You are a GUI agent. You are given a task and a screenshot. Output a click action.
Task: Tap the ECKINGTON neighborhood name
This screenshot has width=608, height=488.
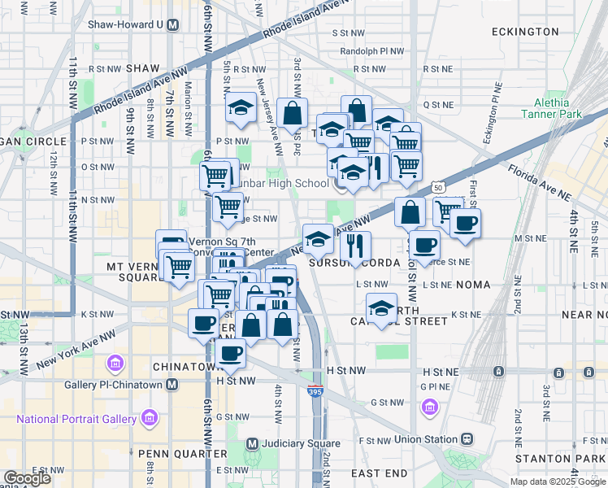[x=525, y=32]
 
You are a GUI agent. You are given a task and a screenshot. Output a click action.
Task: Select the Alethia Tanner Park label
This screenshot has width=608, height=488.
[x=558, y=109]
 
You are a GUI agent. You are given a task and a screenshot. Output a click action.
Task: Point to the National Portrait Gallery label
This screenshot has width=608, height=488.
[x=78, y=419]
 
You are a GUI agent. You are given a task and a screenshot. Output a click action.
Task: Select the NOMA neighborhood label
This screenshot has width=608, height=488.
[x=474, y=285]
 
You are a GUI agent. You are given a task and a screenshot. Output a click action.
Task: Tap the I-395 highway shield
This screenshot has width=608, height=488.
[x=315, y=391]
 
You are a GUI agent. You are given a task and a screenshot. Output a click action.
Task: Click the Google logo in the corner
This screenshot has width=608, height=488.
[x=27, y=478]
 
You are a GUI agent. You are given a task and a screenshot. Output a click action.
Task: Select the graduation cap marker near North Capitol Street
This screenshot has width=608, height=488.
[x=381, y=307]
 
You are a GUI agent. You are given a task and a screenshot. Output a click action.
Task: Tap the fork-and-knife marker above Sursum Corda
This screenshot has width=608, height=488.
[x=355, y=246]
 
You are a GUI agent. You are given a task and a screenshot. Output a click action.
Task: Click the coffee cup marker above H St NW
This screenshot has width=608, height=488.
[x=231, y=353]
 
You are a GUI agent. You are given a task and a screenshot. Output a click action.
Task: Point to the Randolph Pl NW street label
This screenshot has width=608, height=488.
[x=372, y=50]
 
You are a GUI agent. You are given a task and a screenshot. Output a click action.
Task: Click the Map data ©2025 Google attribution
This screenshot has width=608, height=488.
[x=557, y=481]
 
